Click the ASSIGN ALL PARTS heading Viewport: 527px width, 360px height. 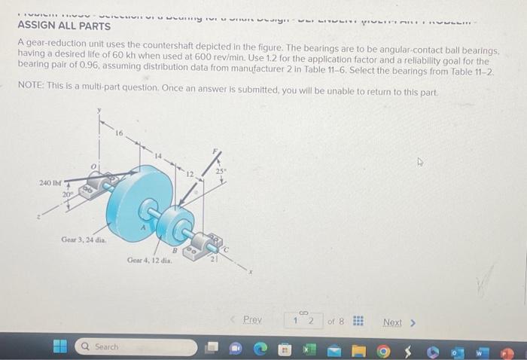pyautogui.click(x=64, y=26)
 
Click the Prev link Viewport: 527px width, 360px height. pyautogui.click(x=252, y=320)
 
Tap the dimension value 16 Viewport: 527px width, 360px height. pyautogui.click(x=119, y=133)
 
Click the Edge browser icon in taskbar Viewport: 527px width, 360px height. pyautogui.click(x=260, y=347)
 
